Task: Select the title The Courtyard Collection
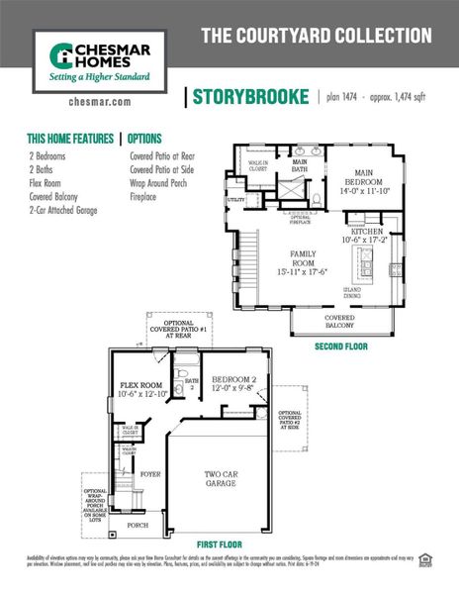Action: coord(317,36)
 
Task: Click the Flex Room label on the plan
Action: coord(141,390)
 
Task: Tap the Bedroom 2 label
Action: coord(233,385)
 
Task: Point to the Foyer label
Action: coord(149,475)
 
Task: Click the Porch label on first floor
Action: coord(138,526)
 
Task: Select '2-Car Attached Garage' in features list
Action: coord(62,211)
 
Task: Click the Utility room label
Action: coord(235,200)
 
